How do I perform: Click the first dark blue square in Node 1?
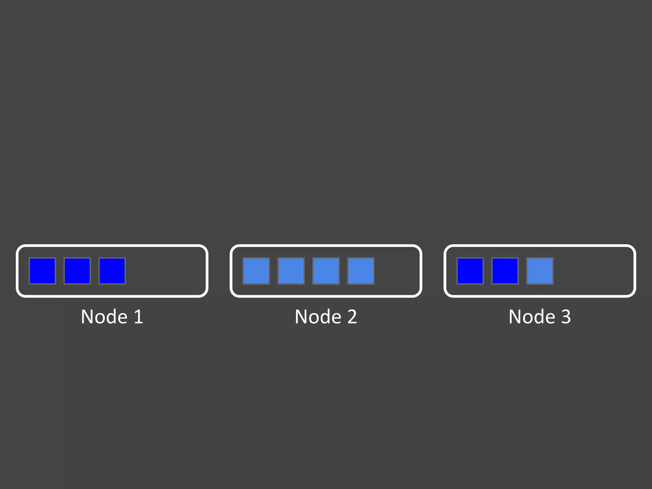[42, 271]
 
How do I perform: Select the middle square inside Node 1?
[77, 271]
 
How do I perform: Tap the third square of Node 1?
[112, 271]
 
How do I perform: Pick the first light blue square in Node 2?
[256, 271]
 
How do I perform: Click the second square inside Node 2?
[291, 271]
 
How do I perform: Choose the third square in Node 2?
[326, 271]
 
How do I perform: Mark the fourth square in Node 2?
[361, 271]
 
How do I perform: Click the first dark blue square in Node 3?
[470, 271]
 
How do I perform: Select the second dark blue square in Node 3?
[505, 271]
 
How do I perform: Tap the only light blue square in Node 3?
[540, 271]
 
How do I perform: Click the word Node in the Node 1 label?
[104, 317]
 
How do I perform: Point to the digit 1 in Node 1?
[138, 317]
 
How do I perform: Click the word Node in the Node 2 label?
[318, 317]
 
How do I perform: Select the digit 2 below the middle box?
[352, 317]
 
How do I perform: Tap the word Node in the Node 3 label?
[532, 317]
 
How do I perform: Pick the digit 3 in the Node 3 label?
[566, 317]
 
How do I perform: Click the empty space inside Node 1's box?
[166, 271]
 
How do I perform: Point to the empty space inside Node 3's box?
[594, 271]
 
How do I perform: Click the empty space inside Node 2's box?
[398, 271]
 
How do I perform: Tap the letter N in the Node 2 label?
[301, 317]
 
